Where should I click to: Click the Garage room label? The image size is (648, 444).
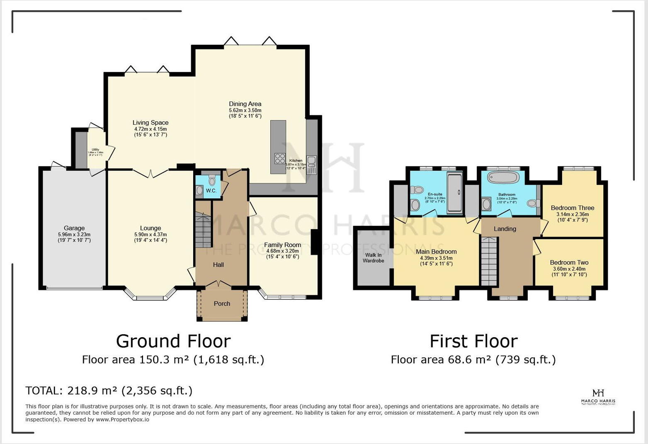[x=74, y=228]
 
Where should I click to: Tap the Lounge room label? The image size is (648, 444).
[x=150, y=228]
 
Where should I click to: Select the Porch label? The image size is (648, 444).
[x=222, y=304]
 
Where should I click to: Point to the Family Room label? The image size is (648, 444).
[x=282, y=245]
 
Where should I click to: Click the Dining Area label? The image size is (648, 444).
[x=245, y=104]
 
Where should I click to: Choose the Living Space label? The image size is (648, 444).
[x=150, y=123]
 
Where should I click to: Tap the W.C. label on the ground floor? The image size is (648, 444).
[x=211, y=191]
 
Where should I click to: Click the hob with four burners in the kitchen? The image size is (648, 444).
[x=280, y=159]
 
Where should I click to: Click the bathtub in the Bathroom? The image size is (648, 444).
[x=503, y=178]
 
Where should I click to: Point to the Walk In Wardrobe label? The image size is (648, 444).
[x=373, y=258]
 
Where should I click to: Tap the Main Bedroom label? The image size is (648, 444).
[x=436, y=252]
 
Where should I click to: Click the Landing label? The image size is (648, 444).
[x=505, y=229]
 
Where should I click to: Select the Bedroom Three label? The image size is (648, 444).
[x=572, y=208]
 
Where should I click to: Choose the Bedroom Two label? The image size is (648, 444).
[x=569, y=263]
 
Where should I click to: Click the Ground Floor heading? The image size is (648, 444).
[x=173, y=341]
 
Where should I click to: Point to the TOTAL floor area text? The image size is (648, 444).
[x=109, y=391]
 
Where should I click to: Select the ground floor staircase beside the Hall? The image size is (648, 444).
[x=203, y=230]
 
